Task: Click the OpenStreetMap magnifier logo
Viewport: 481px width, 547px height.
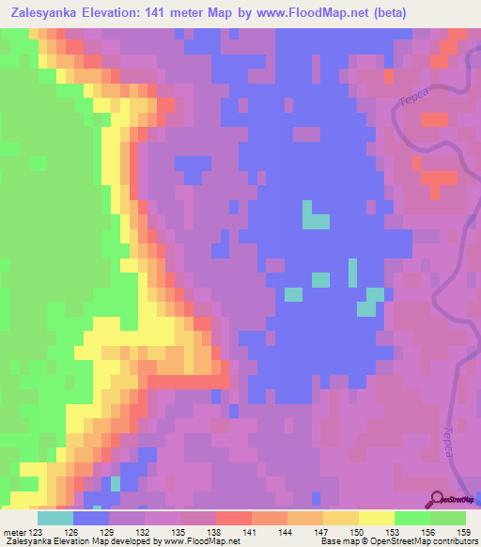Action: (x=438, y=501)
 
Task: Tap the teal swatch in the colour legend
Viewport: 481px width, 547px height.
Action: (x=55, y=518)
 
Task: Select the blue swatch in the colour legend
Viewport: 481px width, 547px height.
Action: (x=91, y=518)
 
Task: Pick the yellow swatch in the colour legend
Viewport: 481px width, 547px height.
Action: (x=377, y=518)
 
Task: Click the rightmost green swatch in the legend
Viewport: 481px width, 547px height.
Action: (x=448, y=518)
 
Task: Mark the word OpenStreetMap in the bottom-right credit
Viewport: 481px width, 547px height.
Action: (x=442, y=540)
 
